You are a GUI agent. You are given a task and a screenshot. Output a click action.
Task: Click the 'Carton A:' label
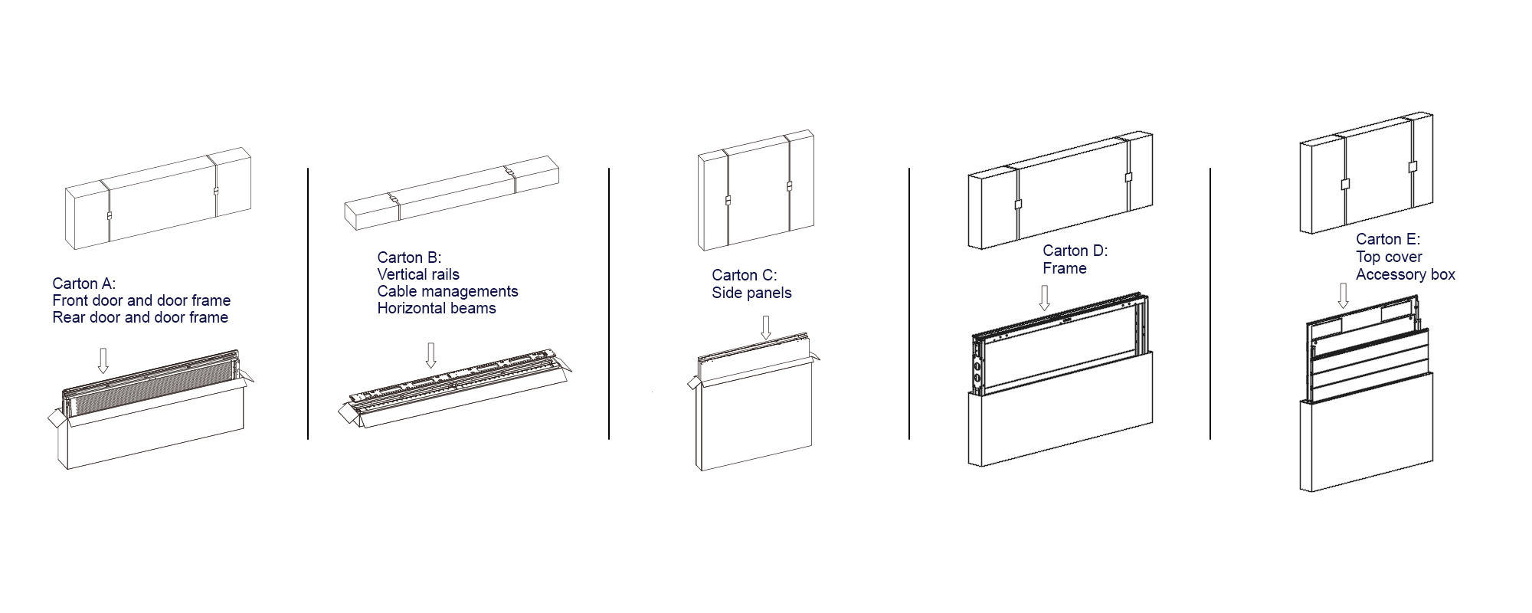[84, 284]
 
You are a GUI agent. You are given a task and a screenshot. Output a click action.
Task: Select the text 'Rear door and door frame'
[140, 317]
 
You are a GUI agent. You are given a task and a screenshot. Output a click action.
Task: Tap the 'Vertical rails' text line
[418, 274]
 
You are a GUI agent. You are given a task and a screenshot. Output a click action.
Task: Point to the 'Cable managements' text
[447, 291]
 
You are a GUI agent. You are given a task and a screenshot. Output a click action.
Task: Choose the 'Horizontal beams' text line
[437, 308]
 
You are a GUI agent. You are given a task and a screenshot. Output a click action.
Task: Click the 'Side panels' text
[751, 293]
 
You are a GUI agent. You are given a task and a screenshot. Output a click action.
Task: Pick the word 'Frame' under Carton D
[1065, 268]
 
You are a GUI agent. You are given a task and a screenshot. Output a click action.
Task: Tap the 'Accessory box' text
[1406, 274]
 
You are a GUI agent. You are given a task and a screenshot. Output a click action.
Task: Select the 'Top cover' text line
[1389, 257]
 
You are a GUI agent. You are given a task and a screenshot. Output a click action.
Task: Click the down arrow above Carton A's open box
[103, 360]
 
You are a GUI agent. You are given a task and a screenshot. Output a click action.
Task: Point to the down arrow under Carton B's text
[430, 355]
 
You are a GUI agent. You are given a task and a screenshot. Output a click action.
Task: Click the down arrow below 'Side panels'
[765, 328]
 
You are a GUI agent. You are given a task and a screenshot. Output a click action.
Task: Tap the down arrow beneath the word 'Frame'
[1043, 298]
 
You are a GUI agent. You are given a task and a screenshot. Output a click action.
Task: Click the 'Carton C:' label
[744, 275]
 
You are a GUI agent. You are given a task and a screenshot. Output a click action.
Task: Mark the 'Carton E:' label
[1388, 239]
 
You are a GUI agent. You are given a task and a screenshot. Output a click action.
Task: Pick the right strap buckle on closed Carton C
[788, 185]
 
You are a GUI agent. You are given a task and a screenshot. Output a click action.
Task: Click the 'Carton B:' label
[409, 257]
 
